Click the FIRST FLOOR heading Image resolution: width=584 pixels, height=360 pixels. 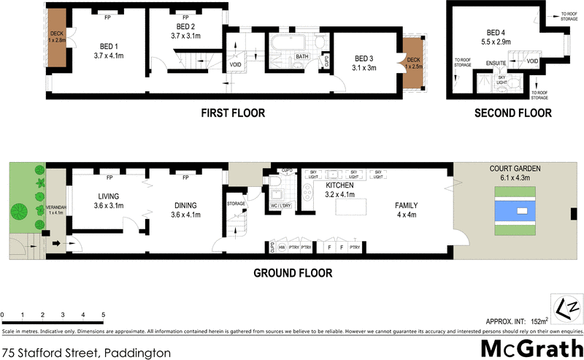(233, 113)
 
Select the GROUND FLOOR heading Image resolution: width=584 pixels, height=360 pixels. (293, 273)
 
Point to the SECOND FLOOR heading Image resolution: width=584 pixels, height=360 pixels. (512, 113)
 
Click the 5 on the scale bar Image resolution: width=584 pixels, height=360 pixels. (103, 315)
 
